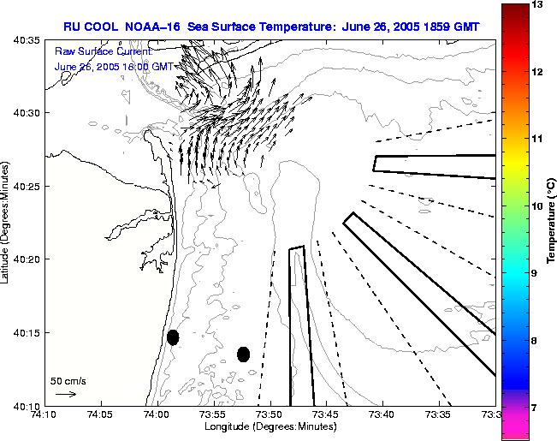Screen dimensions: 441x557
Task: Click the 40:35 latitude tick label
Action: coord(27,40)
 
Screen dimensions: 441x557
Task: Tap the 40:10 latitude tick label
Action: coord(27,405)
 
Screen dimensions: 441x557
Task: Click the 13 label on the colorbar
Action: coord(538,5)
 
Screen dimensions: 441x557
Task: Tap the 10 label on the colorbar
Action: coord(538,206)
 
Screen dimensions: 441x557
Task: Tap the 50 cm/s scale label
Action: coord(68,380)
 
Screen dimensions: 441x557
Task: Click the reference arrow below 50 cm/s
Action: coord(66,394)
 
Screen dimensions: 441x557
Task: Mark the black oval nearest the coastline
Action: coord(173,337)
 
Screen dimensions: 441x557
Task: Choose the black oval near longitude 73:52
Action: coord(243,354)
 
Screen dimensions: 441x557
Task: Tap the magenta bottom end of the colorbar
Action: coord(514,428)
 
